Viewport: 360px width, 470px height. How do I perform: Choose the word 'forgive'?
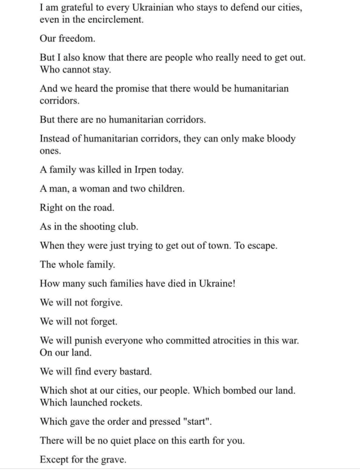point(106,303)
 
